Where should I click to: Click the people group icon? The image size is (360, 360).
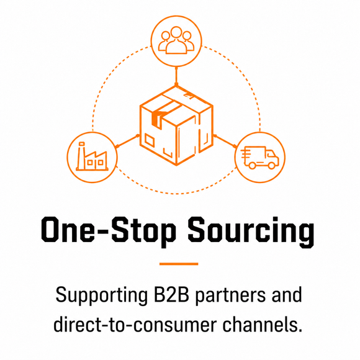(x=176, y=40)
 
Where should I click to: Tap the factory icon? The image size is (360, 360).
(x=92, y=156)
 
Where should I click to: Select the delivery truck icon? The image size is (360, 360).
(x=259, y=158)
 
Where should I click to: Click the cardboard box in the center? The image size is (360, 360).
(x=176, y=125)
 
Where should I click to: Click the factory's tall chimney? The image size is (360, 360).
(x=81, y=156)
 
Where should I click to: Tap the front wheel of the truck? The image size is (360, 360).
(x=272, y=165)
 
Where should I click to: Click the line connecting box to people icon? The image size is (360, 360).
(x=176, y=76)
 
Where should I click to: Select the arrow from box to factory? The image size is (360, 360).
(x=127, y=141)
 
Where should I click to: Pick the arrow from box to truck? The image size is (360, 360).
(x=225, y=141)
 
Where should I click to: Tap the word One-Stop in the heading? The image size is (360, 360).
(x=109, y=230)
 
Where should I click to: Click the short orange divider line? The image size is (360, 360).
(x=179, y=264)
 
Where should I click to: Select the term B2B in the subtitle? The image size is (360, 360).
(x=171, y=295)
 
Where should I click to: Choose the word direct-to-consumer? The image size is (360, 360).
(x=135, y=325)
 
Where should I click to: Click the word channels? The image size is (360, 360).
(x=263, y=325)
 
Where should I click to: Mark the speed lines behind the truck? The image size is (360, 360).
(x=246, y=154)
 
